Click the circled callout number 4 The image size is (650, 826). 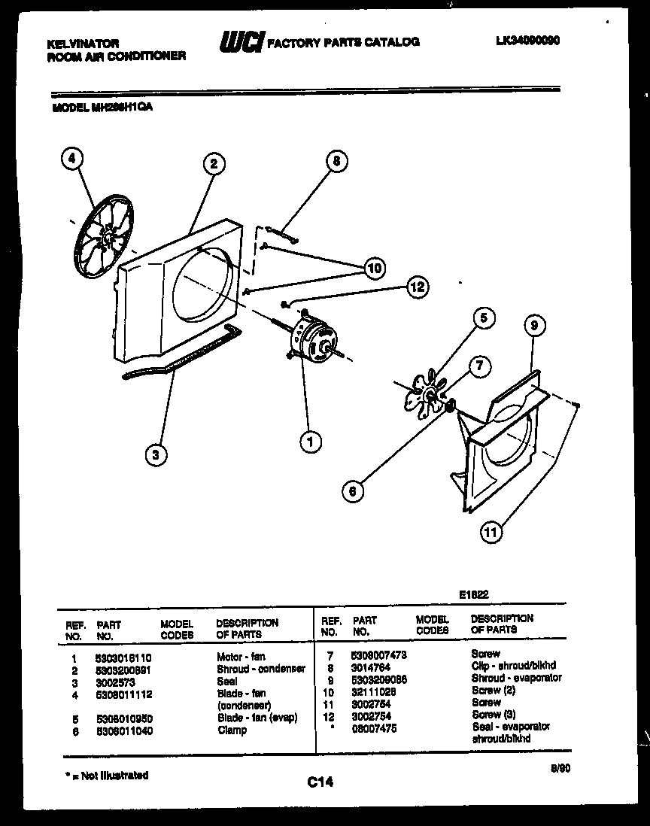[x=71, y=159]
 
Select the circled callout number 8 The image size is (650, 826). [x=337, y=160]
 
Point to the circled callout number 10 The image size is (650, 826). [x=374, y=267]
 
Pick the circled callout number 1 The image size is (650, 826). [x=309, y=442]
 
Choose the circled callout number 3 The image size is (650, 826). [x=156, y=454]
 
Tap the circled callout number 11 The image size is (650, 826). [x=491, y=533]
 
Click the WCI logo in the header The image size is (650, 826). [x=240, y=43]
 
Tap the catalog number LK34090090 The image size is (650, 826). [x=527, y=41]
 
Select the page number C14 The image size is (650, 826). [x=320, y=782]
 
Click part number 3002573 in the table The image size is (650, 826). [x=115, y=681]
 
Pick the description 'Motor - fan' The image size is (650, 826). [x=241, y=657]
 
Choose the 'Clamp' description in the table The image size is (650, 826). [x=232, y=730]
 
